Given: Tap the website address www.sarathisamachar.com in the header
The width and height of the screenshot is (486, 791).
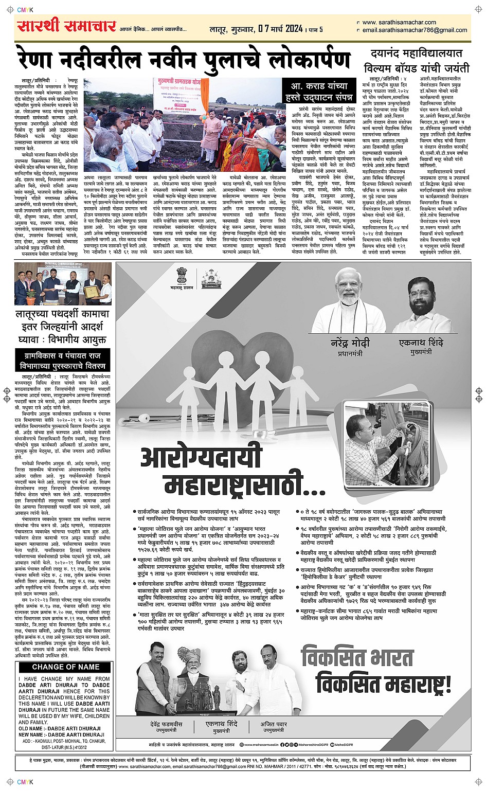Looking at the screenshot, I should [x=399, y=23].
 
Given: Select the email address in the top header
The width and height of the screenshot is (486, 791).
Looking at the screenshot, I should [x=415, y=30].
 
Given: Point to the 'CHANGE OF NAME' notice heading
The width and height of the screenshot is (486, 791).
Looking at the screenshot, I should [x=66, y=667].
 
